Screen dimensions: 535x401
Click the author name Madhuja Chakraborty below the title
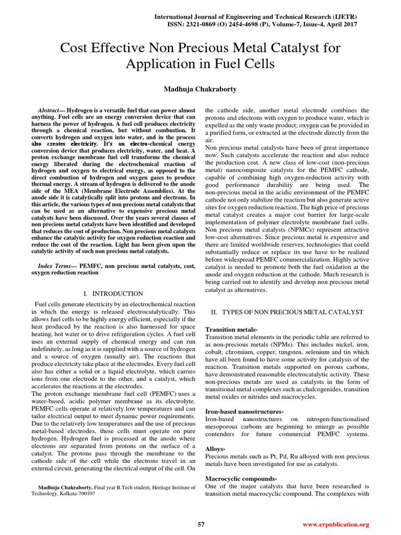[x=200, y=89]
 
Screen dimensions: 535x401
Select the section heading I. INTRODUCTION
[x=113, y=294]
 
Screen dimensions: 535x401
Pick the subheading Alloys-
[x=216, y=449]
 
